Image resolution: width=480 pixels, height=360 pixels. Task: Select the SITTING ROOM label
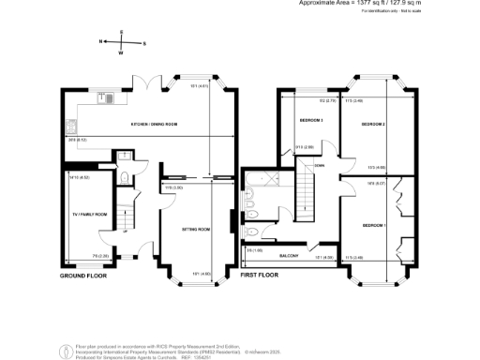pyautogui.click(x=195, y=229)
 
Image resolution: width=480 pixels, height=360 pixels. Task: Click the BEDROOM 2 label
pyautogui.click(x=374, y=123)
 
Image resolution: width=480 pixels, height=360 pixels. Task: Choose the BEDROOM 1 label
pyautogui.click(x=374, y=225)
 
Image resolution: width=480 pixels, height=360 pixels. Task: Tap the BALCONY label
pyautogui.click(x=289, y=255)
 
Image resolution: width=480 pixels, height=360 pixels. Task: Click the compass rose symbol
pyautogui.click(x=122, y=42)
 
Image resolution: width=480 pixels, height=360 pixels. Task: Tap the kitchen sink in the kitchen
pyautogui.click(x=109, y=97)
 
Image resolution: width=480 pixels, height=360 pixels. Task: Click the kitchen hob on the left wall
pyautogui.click(x=68, y=124)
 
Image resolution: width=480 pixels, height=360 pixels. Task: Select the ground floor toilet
pyautogui.click(x=124, y=175)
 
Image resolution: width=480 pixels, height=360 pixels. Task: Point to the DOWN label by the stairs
pyautogui.click(x=320, y=166)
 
